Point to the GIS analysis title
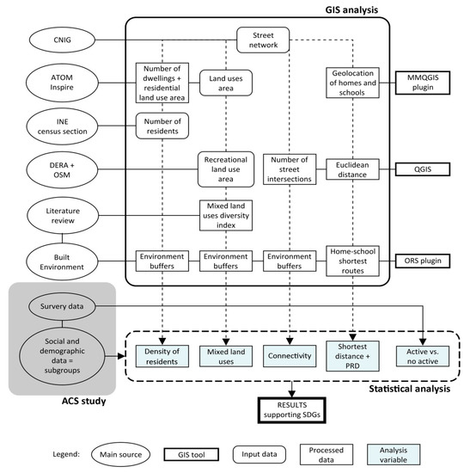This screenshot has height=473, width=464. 351,9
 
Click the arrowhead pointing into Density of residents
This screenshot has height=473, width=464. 162,341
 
